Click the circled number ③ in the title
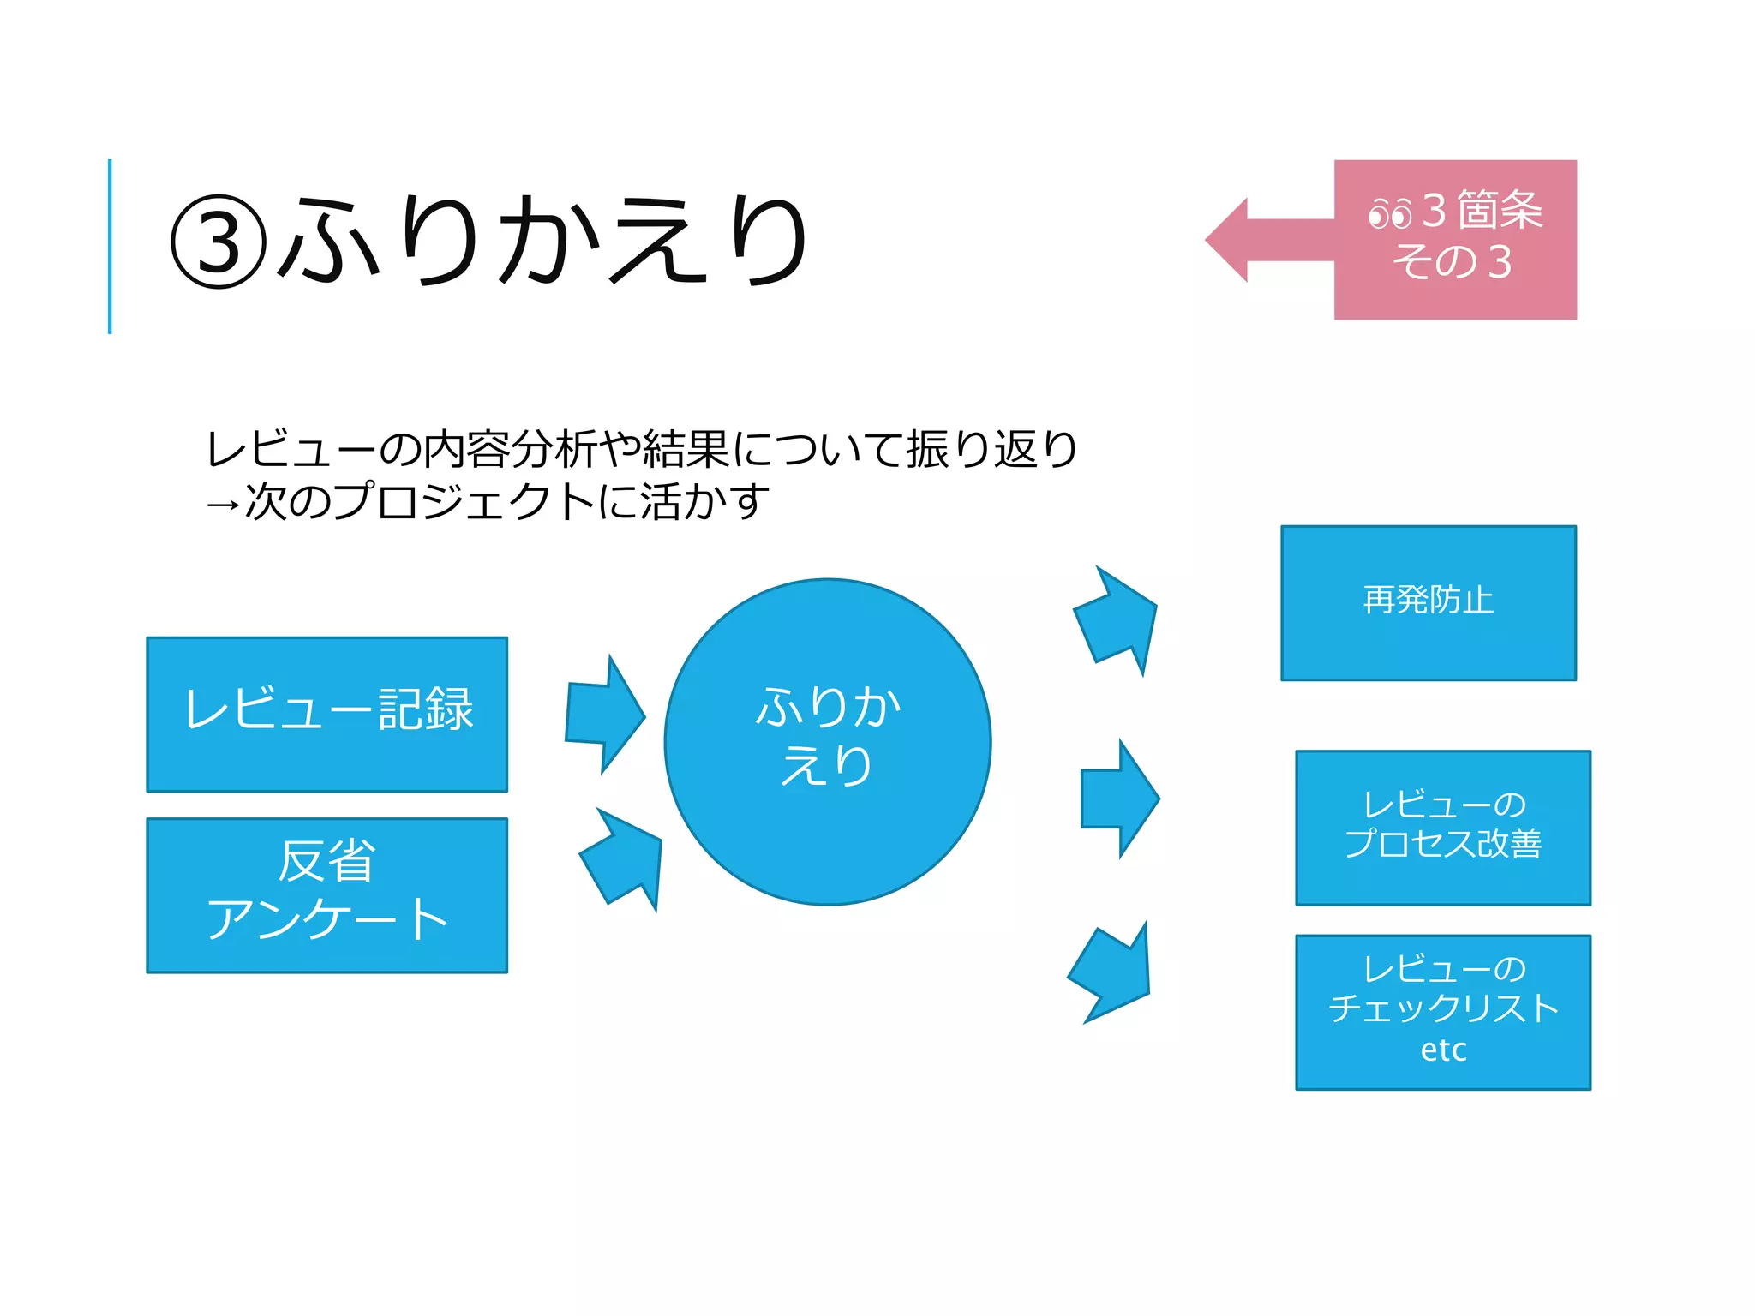point(219,242)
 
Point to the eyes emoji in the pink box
point(1389,212)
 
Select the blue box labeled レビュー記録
point(326,714)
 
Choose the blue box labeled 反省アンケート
point(326,894)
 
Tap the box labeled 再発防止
point(1428,602)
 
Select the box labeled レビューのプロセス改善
point(1442,827)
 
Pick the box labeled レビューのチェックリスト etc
point(1442,1011)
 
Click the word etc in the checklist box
point(1443,1050)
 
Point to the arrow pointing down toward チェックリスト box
point(1112,973)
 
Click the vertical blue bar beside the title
point(110,246)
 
